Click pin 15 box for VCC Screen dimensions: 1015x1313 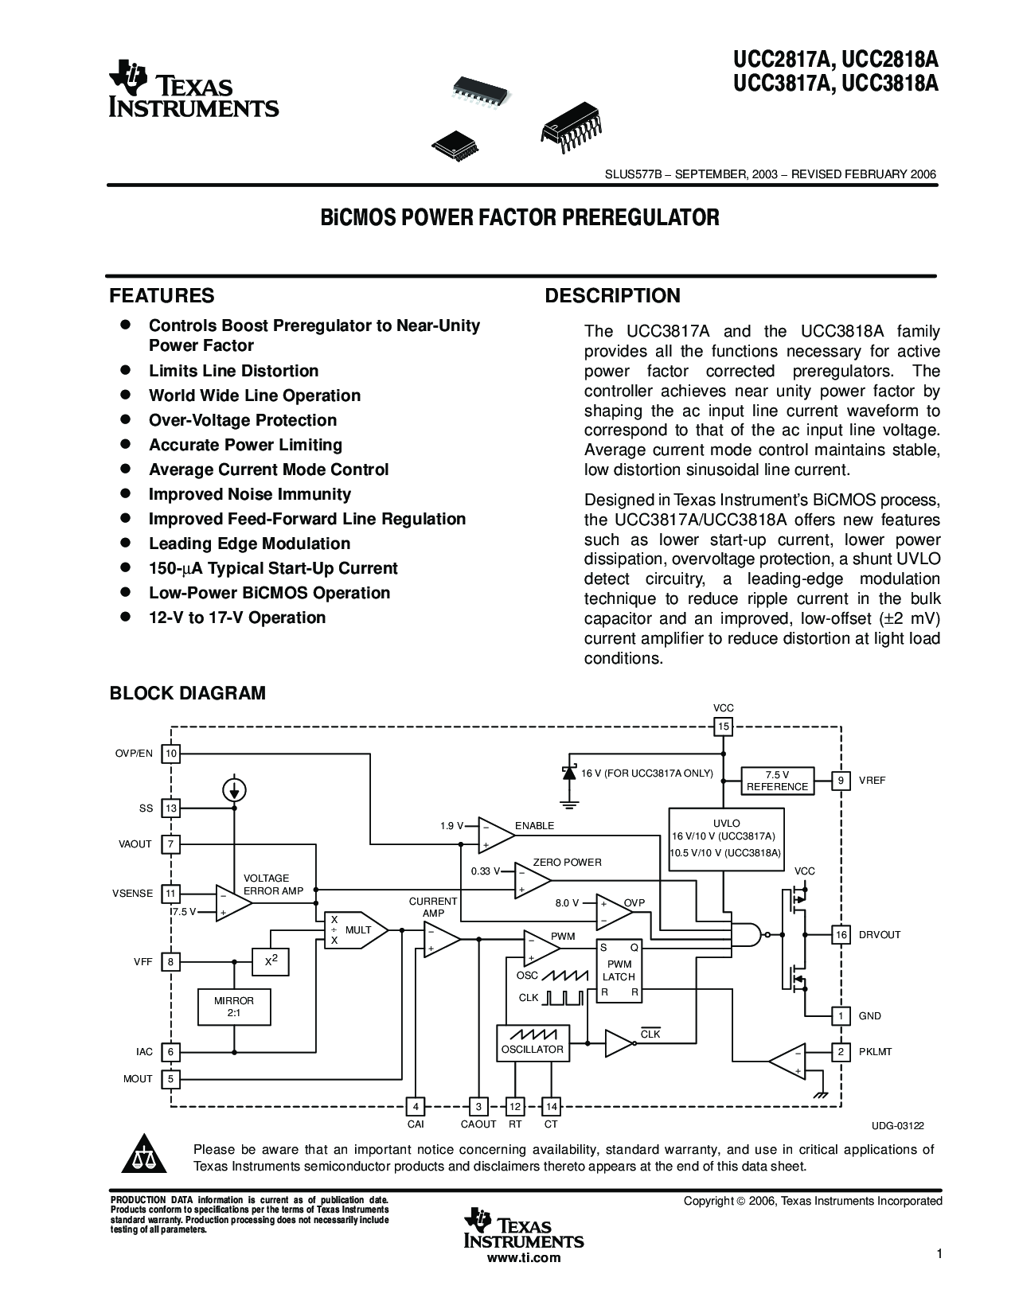click(x=723, y=727)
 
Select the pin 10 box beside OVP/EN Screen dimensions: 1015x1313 click(x=170, y=754)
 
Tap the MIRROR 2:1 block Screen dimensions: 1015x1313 click(x=234, y=1007)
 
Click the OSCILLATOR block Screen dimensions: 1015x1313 click(x=533, y=1043)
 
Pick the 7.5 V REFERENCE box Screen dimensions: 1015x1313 click(x=778, y=781)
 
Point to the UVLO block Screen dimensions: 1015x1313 click(x=726, y=840)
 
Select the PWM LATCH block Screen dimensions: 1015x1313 click(x=619, y=971)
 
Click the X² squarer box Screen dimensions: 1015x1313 click(x=270, y=961)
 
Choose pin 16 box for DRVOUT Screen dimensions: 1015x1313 click(x=841, y=934)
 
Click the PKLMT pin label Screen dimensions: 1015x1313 click(x=876, y=1052)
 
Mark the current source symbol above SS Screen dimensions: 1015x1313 click(x=234, y=789)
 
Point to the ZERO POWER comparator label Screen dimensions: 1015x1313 click(x=567, y=863)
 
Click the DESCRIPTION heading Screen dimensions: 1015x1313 click(x=612, y=295)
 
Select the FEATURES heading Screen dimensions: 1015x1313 click(x=162, y=295)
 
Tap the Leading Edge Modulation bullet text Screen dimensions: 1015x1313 click(x=250, y=544)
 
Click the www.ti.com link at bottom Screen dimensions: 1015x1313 click(x=524, y=1257)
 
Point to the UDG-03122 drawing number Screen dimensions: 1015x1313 click(x=898, y=1126)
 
